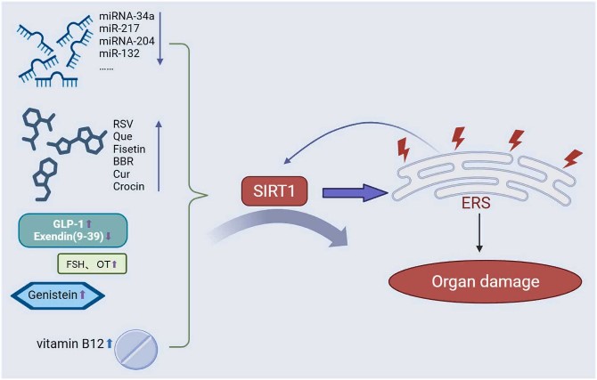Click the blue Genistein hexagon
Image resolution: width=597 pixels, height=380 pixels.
[x=58, y=295]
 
